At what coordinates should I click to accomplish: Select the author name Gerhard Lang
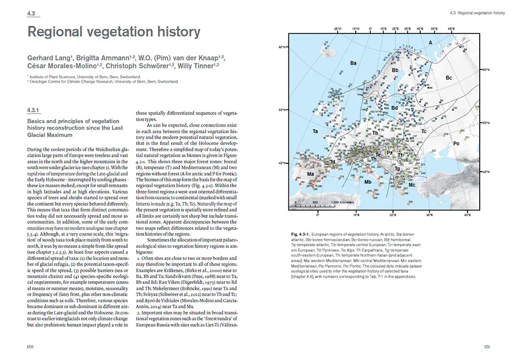[x=47, y=58]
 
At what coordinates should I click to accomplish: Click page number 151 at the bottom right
[x=485, y=347]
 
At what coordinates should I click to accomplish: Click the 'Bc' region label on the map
[x=449, y=78]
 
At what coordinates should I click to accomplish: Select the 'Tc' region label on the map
[x=423, y=131]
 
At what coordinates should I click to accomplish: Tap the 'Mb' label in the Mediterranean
[x=368, y=182]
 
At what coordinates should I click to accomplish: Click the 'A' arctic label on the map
[x=430, y=42]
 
